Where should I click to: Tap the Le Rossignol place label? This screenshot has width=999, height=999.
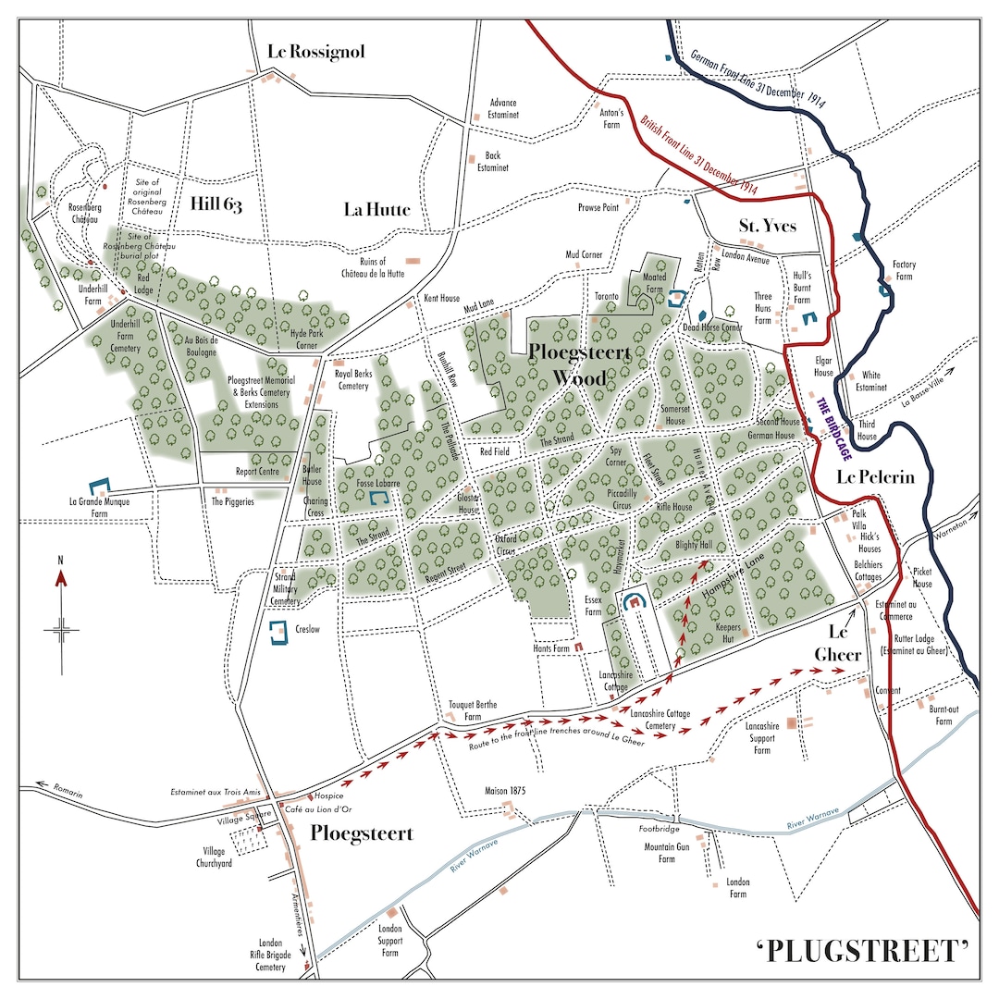316,52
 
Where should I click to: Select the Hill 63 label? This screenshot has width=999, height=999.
216,204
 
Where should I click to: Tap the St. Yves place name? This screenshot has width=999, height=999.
767,227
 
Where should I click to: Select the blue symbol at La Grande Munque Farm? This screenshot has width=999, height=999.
98,486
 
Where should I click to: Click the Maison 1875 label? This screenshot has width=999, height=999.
505,791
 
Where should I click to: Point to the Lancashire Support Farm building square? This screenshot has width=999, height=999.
792,722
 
